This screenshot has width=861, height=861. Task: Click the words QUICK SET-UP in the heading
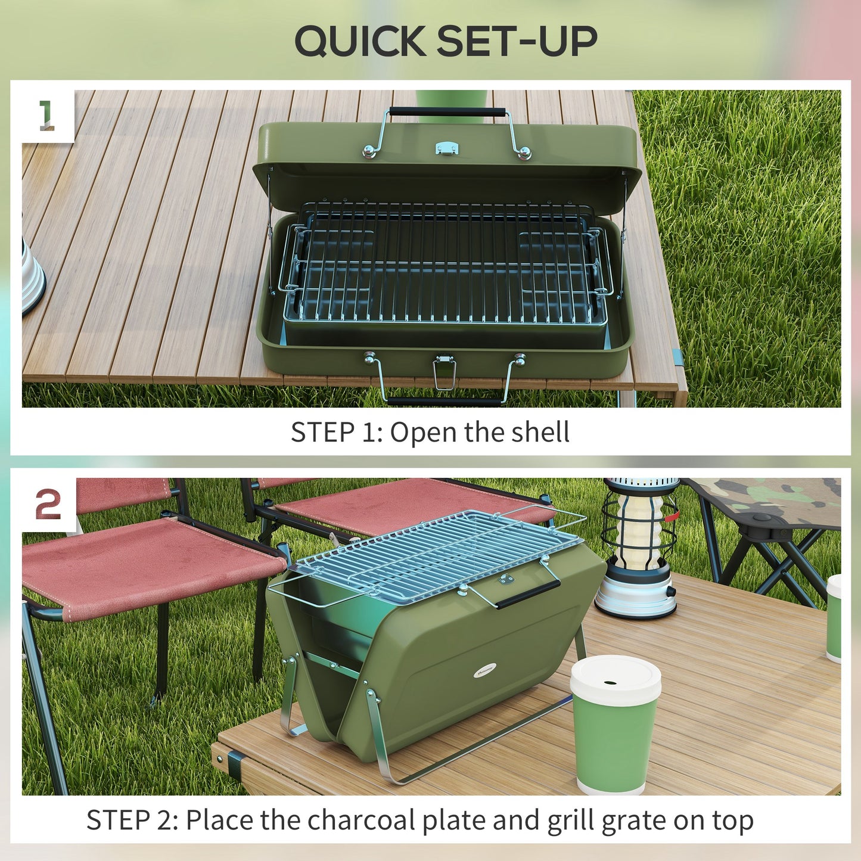click(x=446, y=41)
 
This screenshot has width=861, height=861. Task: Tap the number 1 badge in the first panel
click(x=46, y=115)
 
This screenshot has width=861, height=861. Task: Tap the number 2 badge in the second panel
click(x=48, y=505)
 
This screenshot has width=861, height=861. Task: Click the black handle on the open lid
click(x=447, y=111)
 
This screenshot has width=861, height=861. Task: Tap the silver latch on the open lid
click(x=447, y=148)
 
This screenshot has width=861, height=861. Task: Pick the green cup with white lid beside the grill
click(x=615, y=725)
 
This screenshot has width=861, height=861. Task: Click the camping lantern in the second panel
click(x=640, y=547)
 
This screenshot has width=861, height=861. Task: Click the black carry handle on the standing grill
click(x=528, y=594)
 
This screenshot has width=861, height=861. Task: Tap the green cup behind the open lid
click(x=452, y=104)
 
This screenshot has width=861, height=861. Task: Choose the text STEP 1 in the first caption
click(x=333, y=432)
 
